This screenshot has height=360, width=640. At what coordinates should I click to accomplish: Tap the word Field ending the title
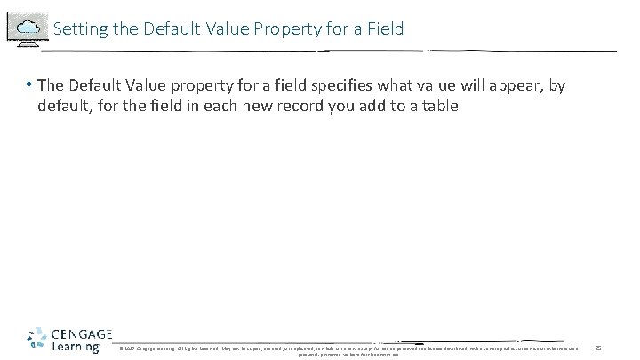coord(385,29)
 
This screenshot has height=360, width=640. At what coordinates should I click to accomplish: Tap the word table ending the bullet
coord(440,106)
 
